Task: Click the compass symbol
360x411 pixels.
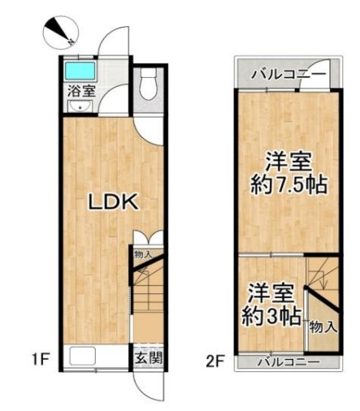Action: coord(61,32)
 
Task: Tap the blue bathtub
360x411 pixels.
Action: coord(80,71)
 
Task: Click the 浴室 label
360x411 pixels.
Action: coord(81,91)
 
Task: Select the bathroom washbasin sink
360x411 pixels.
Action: coord(80,106)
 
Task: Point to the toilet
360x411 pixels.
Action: coord(148,83)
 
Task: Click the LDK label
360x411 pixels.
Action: coord(114,202)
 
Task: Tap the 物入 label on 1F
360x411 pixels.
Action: coord(144,254)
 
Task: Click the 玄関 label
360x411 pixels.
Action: coord(149,358)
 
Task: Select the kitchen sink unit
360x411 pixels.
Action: coord(83,356)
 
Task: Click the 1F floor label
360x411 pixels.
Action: coord(41,360)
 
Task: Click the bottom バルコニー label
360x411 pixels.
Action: coord(288,361)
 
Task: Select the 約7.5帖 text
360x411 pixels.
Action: coord(288,185)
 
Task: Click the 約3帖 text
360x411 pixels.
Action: coord(271,316)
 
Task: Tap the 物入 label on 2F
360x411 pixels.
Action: coord(323,327)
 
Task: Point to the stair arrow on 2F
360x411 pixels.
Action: coord(323,279)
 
